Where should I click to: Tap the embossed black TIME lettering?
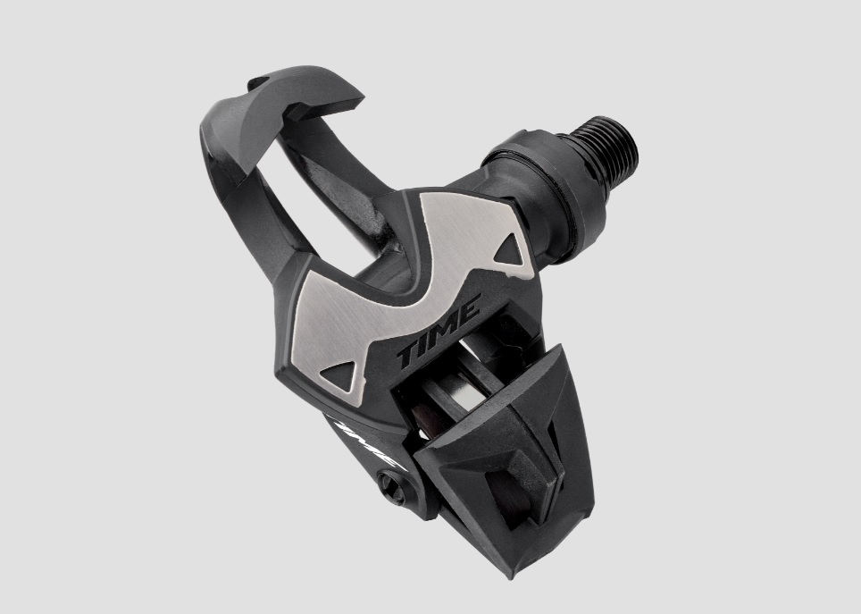click(439, 332)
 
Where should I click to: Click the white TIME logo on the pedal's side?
click(364, 444)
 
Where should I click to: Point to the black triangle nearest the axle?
click(510, 249)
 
